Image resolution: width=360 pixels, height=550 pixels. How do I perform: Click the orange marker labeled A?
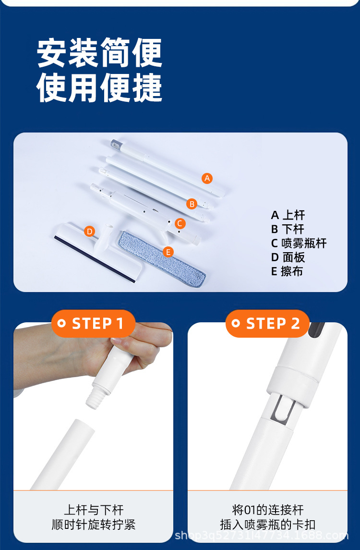tap(207, 178)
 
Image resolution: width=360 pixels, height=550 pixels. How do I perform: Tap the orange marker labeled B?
tap(192, 204)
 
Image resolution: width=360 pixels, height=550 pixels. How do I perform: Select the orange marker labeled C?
tap(180, 223)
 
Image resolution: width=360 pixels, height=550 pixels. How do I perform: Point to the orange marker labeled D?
tap(89, 232)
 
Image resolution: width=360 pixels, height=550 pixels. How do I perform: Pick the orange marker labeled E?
tap(168, 252)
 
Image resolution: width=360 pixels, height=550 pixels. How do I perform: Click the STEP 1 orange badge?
tap(93, 323)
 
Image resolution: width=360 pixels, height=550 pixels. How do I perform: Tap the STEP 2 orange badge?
tap(267, 323)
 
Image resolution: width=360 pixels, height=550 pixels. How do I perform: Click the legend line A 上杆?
tap(288, 215)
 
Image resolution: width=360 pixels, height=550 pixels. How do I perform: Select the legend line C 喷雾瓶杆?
tap(299, 243)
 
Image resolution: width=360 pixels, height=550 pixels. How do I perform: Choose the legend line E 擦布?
tap(287, 271)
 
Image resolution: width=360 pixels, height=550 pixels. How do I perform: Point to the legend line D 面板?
tap(288, 257)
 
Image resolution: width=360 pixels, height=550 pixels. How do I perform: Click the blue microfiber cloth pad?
tap(162, 258)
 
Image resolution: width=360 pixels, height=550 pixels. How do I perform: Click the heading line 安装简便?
tap(99, 53)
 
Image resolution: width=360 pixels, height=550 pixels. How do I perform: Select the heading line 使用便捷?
tap(99, 87)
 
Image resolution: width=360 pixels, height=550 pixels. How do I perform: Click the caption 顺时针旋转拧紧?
tap(93, 525)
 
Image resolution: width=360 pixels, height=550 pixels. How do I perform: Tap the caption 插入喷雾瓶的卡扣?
tap(267, 525)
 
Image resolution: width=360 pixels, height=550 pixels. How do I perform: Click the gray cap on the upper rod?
tap(116, 144)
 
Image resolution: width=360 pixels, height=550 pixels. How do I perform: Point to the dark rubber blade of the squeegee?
tap(94, 259)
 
